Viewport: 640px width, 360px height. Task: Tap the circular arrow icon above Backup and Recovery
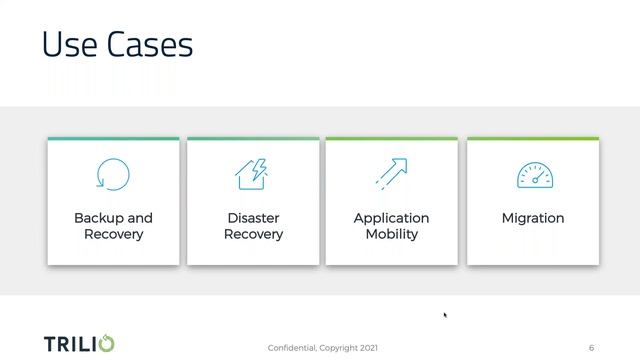[x=113, y=174]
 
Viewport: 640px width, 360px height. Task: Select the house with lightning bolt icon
[x=253, y=174]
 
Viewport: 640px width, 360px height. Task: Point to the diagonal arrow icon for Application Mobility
[x=392, y=173]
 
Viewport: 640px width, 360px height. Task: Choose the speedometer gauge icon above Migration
[x=533, y=175]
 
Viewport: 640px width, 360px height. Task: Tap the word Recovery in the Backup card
[x=113, y=234]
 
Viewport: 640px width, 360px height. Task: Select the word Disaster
[x=253, y=218]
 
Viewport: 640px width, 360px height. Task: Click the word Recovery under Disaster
[x=253, y=234]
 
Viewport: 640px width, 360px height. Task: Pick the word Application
[x=391, y=218]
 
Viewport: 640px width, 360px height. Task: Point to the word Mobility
[x=391, y=234]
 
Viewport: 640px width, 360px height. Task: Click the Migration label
[x=533, y=218]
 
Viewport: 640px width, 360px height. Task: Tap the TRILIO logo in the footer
[x=79, y=344]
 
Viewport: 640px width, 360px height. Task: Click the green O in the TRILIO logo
[x=107, y=344]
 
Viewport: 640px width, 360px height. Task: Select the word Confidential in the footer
[x=292, y=348]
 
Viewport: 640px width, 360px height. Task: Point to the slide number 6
[x=591, y=348]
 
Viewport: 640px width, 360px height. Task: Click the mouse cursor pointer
[x=445, y=315]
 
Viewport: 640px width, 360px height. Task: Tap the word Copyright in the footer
[x=339, y=348]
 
